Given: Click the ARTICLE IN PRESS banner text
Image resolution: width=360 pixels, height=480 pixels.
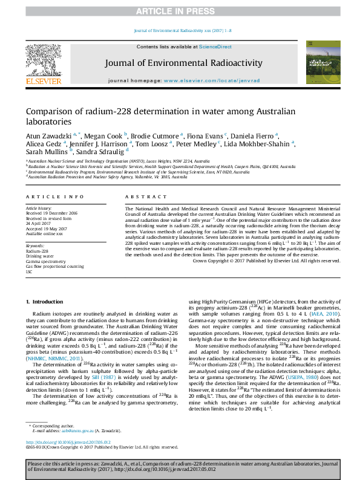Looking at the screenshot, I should pyautogui.click(x=180, y=11).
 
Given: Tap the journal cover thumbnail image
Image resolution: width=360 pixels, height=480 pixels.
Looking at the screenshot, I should pyautogui.click(x=319, y=62).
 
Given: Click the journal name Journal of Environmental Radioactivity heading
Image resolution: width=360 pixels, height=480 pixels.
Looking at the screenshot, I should pyautogui.click(x=183, y=63).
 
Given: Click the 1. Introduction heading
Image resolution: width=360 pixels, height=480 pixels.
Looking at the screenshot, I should pyautogui.click(x=44, y=301).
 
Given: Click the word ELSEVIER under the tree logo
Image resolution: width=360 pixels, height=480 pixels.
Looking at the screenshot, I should pyautogui.click(x=43, y=81).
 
